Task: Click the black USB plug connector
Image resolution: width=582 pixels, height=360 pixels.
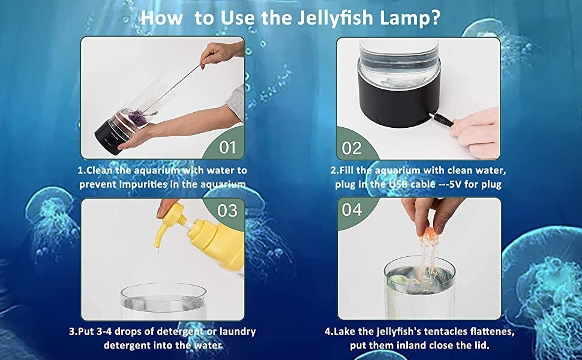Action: pyautogui.click(x=441, y=119)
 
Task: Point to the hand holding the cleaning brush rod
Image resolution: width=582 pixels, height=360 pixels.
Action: pyautogui.click(x=219, y=53)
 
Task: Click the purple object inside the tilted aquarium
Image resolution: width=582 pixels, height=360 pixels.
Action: pyautogui.click(x=138, y=118)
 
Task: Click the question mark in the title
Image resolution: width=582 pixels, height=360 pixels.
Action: pyautogui.click(x=435, y=18)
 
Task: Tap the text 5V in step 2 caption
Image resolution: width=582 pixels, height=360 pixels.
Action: pyautogui.click(x=455, y=184)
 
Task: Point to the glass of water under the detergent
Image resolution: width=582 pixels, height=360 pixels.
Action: pyautogui.click(x=164, y=301)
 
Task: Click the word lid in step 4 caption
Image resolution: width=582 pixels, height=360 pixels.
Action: pyautogui.click(x=481, y=345)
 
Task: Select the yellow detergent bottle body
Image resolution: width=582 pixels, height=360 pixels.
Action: pyautogui.click(x=222, y=245)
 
